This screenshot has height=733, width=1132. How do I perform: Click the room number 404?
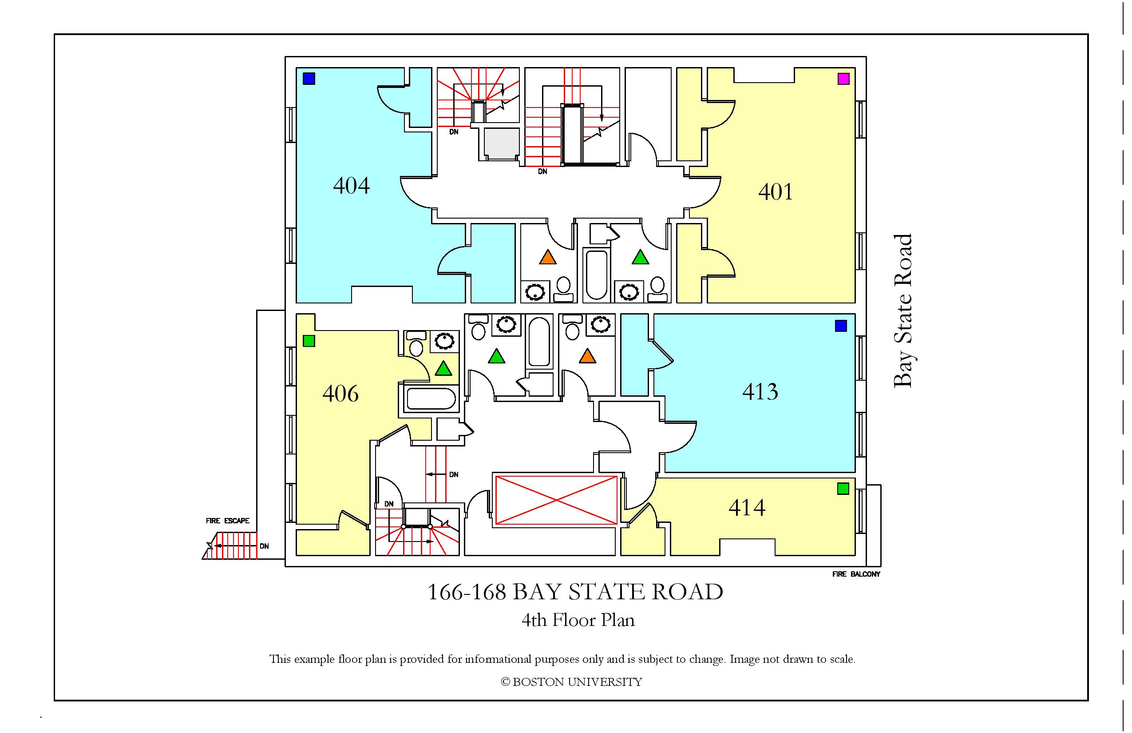352,185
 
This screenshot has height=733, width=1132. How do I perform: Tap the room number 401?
776,192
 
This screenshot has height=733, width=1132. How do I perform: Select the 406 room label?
340,394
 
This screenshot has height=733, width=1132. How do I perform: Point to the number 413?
760,392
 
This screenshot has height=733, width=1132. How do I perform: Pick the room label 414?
747,508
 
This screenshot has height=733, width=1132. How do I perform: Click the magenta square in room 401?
843,79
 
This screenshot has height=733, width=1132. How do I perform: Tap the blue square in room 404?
309,79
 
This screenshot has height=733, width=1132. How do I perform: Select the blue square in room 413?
841,326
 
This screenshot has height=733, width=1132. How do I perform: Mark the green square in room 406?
309,341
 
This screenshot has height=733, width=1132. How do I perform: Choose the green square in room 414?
843,488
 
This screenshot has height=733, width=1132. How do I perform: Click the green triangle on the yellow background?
443,369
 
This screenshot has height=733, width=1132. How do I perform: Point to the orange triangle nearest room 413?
587,356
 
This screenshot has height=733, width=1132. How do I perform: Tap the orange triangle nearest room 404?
548,258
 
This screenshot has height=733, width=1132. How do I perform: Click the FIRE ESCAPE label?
227,521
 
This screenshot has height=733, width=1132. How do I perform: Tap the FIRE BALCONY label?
856,574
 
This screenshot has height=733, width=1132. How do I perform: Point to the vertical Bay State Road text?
903,311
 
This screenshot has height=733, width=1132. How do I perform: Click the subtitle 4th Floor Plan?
578,621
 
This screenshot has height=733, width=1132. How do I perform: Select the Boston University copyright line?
571,682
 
